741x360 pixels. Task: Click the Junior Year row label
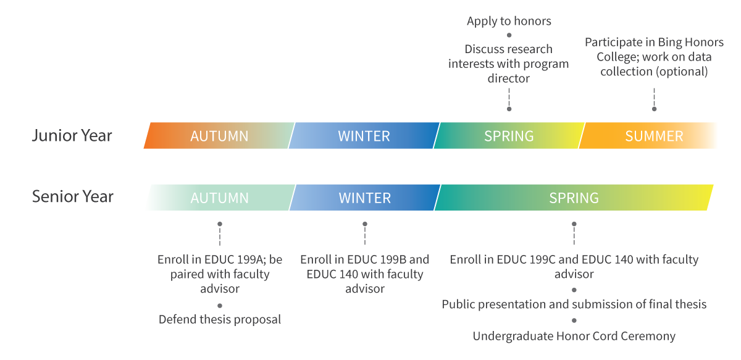tap(72, 135)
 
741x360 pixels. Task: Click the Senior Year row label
tap(73, 197)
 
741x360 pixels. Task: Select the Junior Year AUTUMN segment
tap(219, 136)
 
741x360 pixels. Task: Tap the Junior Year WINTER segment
tap(364, 136)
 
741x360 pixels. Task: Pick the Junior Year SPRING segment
tap(509, 136)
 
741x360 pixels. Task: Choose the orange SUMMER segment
tap(654, 136)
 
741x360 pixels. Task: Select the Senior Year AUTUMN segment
tap(219, 198)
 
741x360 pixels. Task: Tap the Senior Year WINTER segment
tap(364, 198)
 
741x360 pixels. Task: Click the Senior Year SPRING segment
tap(574, 198)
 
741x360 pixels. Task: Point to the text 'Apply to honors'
tap(509, 22)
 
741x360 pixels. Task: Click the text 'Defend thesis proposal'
tap(220, 320)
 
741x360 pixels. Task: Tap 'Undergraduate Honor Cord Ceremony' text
tap(574, 337)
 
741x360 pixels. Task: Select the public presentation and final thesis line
tap(574, 304)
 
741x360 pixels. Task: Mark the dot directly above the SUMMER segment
tap(654, 109)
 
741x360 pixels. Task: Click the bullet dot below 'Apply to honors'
tap(509, 35)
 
